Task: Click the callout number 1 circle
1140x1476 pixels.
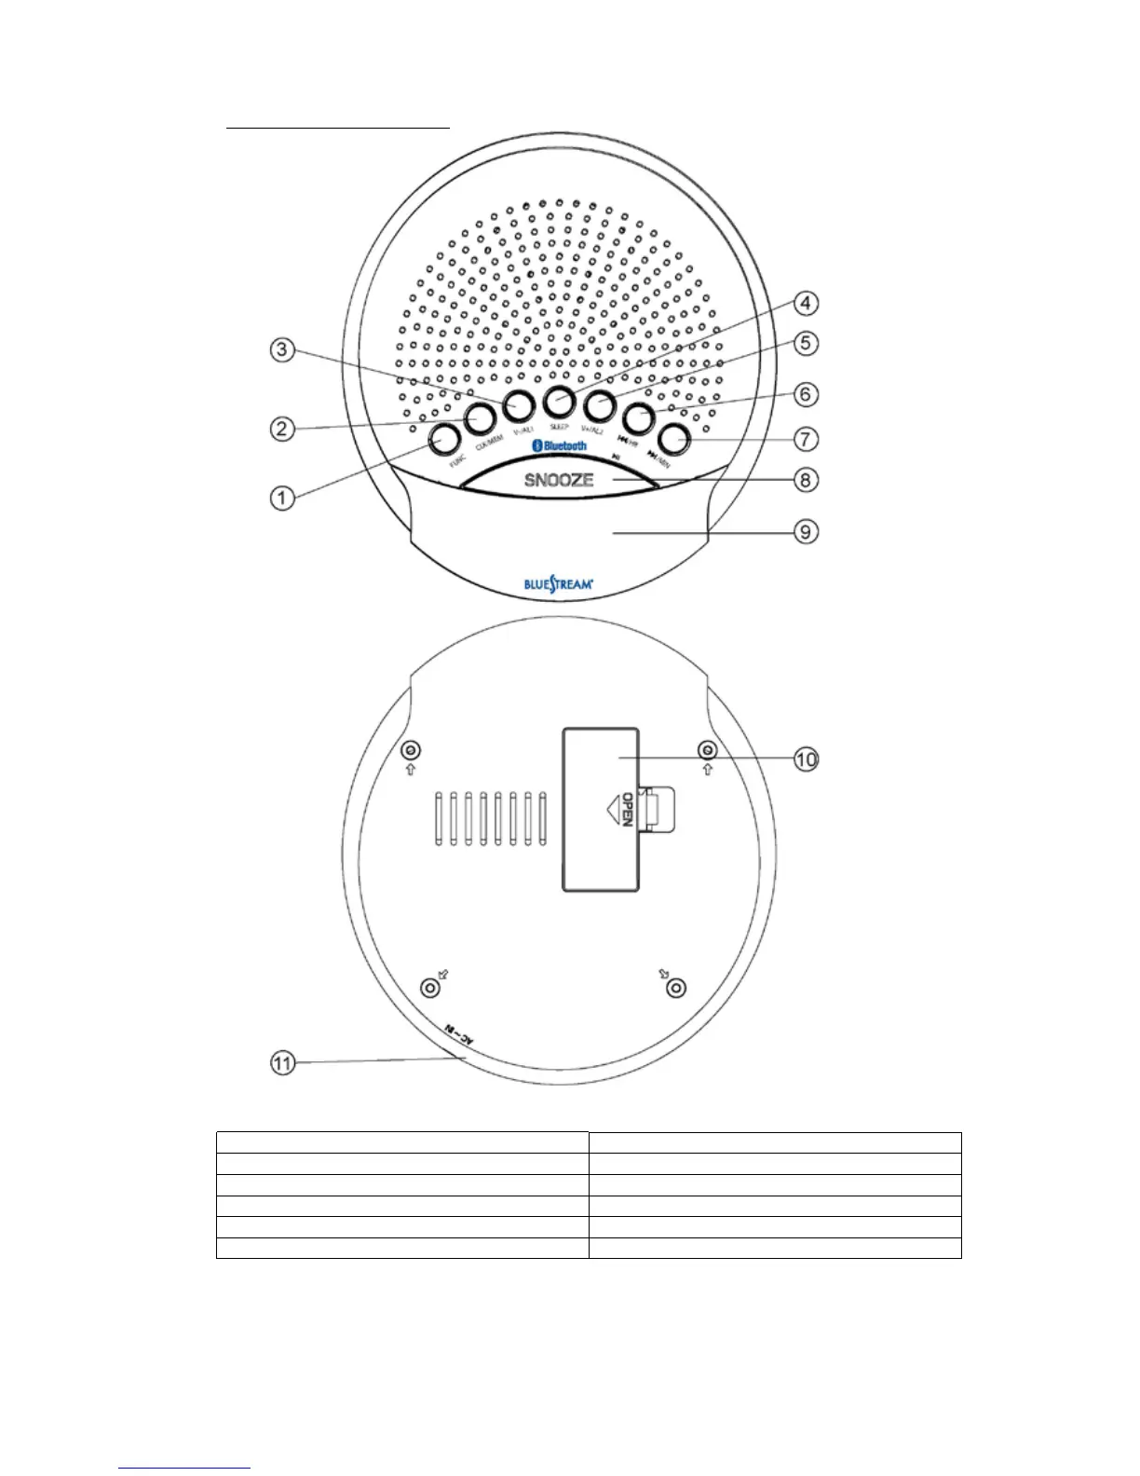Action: (x=281, y=498)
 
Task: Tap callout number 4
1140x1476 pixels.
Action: (x=806, y=304)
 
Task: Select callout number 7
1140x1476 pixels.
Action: (x=806, y=438)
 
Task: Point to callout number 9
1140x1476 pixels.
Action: (x=806, y=532)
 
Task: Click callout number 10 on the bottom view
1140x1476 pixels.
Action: (x=806, y=760)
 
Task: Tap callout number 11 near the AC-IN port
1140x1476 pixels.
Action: (x=282, y=1062)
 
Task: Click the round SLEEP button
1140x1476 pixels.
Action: (x=558, y=399)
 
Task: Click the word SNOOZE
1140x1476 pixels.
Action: (x=559, y=481)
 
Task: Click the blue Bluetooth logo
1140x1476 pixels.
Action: (x=559, y=446)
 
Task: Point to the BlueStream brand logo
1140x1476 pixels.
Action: (x=558, y=585)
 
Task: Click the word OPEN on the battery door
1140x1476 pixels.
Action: (x=627, y=809)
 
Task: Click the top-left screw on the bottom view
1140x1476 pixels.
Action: (x=410, y=750)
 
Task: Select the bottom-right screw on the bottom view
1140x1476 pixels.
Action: (x=677, y=989)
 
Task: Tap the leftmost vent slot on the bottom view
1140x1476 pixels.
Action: (x=439, y=820)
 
